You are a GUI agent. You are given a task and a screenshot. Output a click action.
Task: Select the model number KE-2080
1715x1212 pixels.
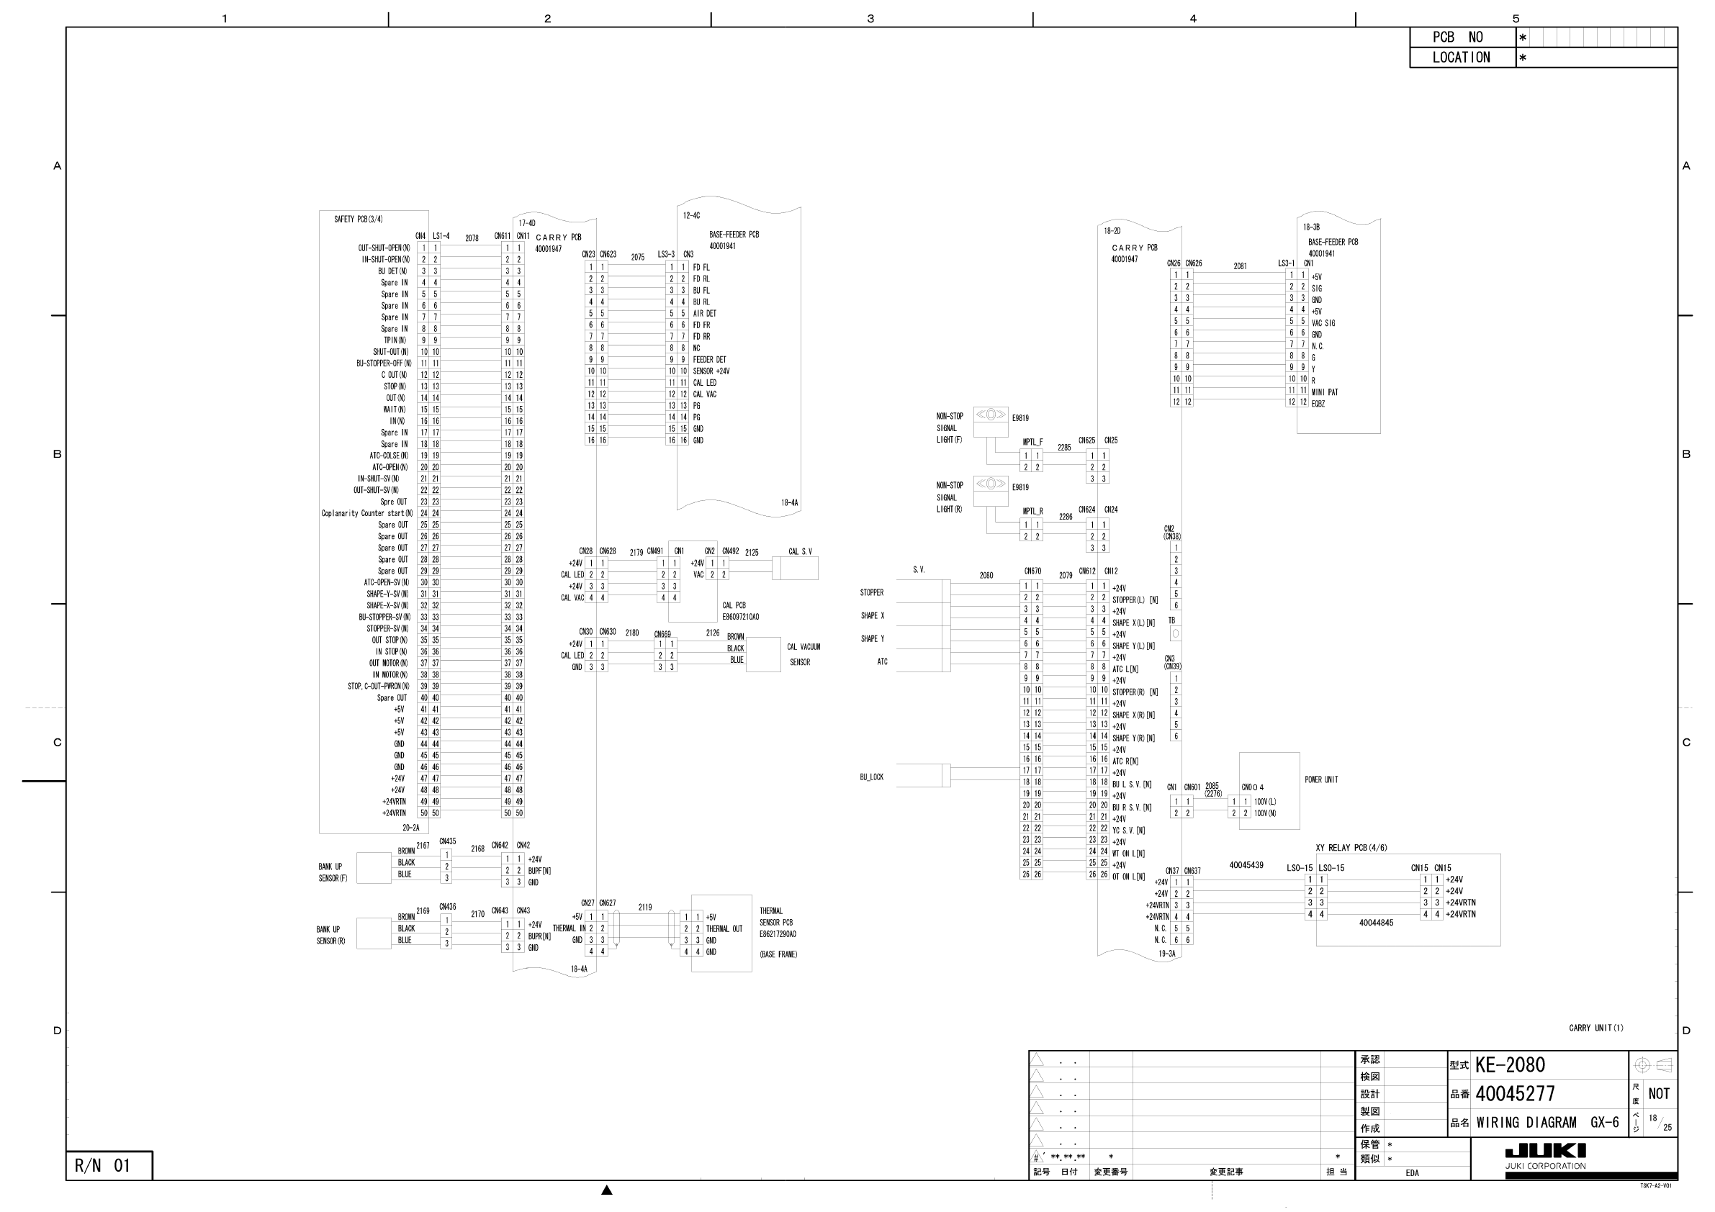pos(1510,1065)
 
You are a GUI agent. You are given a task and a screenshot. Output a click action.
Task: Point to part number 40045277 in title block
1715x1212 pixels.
pos(1515,1094)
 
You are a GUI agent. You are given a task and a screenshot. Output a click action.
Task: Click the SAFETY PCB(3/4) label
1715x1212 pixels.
pos(359,220)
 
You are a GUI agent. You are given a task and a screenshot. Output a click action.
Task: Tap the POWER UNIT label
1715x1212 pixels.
pos(1321,779)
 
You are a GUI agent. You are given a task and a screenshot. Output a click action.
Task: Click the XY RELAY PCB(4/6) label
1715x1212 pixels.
pos(1351,848)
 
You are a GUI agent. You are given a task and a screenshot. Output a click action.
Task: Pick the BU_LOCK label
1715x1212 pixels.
pos(872,777)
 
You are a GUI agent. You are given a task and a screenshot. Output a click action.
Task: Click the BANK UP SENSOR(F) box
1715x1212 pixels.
pos(374,868)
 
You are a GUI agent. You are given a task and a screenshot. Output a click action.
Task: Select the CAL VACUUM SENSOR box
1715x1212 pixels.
pos(762,654)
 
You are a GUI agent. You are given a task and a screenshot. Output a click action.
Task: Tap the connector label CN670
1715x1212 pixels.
pos(1032,571)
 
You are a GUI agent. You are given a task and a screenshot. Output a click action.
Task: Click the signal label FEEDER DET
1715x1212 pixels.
pos(709,360)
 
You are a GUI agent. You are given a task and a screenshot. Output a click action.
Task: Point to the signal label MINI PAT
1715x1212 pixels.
pos(1325,392)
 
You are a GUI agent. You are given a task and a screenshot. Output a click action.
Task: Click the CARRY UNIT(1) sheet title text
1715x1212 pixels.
pos(1595,1028)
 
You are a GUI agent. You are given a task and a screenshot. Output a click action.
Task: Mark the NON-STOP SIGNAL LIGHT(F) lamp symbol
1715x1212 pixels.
pos(991,415)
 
